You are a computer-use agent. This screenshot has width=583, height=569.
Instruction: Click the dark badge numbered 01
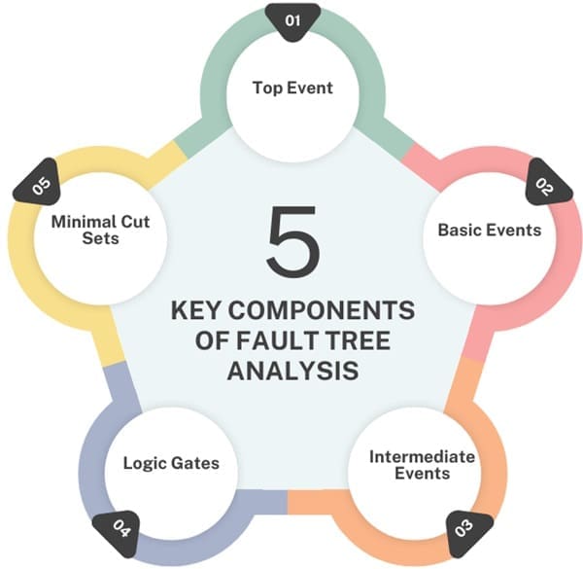point(292,18)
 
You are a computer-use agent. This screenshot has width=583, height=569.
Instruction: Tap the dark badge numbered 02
point(543,188)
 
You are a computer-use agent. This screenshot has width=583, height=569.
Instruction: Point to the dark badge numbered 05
point(41,186)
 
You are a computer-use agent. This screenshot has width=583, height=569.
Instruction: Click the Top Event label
point(292,88)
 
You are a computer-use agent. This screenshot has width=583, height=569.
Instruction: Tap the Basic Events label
point(489,231)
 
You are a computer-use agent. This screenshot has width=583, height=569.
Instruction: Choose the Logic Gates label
point(171,463)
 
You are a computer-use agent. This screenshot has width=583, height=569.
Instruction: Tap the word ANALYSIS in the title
point(292,371)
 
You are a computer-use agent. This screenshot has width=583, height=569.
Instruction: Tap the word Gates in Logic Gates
point(194,463)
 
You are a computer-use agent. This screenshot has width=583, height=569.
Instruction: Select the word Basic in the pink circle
point(461,231)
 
